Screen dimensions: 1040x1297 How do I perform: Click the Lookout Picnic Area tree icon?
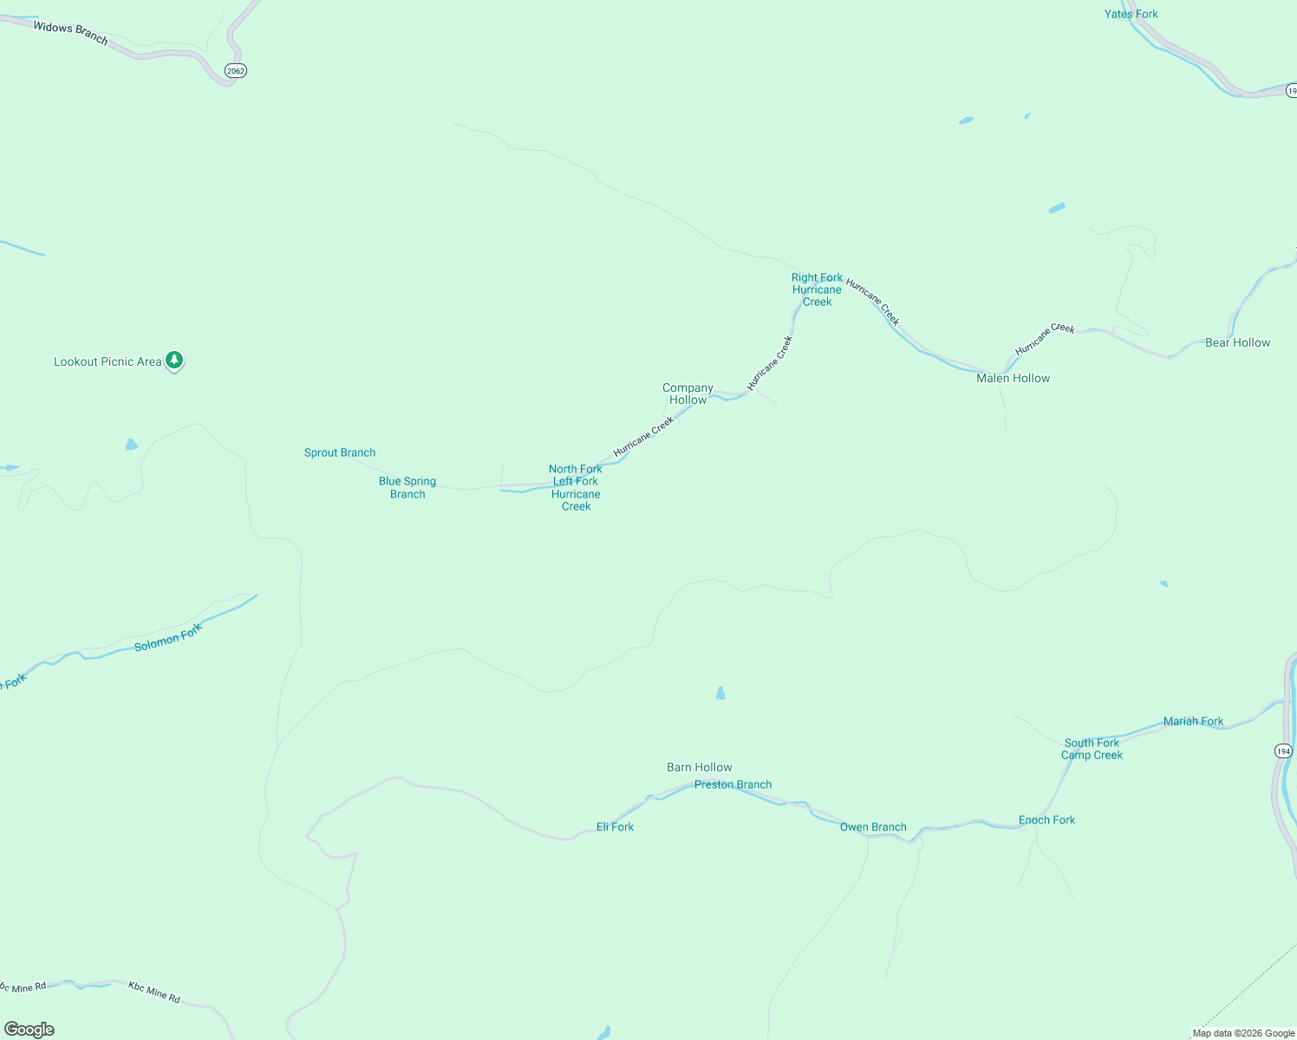[x=174, y=360]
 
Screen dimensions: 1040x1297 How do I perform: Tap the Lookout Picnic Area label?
[x=108, y=362]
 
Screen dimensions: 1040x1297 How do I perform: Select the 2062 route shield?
[x=235, y=71]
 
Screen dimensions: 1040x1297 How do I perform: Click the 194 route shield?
[x=1284, y=751]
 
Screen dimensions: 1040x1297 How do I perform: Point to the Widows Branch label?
[x=70, y=33]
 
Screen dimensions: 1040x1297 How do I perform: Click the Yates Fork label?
[x=1131, y=14]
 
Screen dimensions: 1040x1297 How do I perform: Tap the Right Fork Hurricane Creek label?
[x=817, y=289]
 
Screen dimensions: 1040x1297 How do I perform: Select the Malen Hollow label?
[x=1013, y=378]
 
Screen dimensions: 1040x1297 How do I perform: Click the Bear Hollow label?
[x=1237, y=342]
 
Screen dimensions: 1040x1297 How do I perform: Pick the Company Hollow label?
[x=688, y=393]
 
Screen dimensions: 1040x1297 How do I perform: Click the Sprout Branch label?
[x=340, y=452]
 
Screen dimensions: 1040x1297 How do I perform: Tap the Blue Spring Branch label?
[x=407, y=487]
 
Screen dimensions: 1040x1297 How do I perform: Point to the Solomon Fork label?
[x=168, y=637]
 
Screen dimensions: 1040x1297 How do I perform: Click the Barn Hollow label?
[x=699, y=767]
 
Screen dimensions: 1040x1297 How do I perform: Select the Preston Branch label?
[x=733, y=784]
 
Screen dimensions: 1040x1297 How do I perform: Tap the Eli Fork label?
[x=615, y=827]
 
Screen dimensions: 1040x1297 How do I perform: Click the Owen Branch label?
[x=873, y=827]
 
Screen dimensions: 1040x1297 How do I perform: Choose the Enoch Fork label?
[x=1046, y=820]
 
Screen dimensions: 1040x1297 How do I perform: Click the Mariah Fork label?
[x=1193, y=721]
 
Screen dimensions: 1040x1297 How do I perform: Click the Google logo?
[x=29, y=1030]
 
